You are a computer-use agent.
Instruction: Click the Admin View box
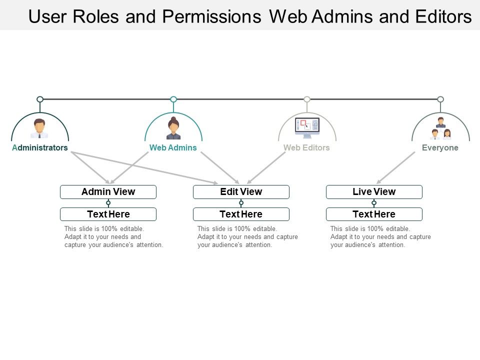pyautogui.click(x=108, y=192)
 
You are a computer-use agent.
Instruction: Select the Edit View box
pyautogui.click(x=241, y=192)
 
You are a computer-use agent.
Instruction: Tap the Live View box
pyautogui.click(x=374, y=192)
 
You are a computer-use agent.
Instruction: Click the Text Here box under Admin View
pyautogui.click(x=108, y=214)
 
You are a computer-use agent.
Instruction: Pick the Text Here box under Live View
pyautogui.click(x=374, y=214)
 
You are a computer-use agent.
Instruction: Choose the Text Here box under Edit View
pyautogui.click(x=241, y=214)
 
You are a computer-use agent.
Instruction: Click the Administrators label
pyautogui.click(x=40, y=148)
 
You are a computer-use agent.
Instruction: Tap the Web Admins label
pyautogui.click(x=173, y=148)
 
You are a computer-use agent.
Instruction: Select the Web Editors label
pyautogui.click(x=306, y=148)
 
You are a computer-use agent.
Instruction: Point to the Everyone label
pyautogui.click(x=440, y=148)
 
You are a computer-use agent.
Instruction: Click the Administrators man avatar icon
pyautogui.click(x=39, y=128)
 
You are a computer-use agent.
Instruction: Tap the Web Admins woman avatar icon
pyautogui.click(x=173, y=128)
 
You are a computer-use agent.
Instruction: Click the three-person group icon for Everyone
pyautogui.click(x=440, y=128)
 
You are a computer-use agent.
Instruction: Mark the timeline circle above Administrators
pyautogui.click(x=40, y=99)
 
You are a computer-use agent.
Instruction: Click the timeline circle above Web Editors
pyautogui.click(x=307, y=99)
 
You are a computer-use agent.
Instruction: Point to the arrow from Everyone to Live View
pyautogui.click(x=395, y=168)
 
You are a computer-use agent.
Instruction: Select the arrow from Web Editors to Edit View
pyautogui.click(x=266, y=168)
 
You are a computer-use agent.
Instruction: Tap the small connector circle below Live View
pyautogui.click(x=374, y=203)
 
